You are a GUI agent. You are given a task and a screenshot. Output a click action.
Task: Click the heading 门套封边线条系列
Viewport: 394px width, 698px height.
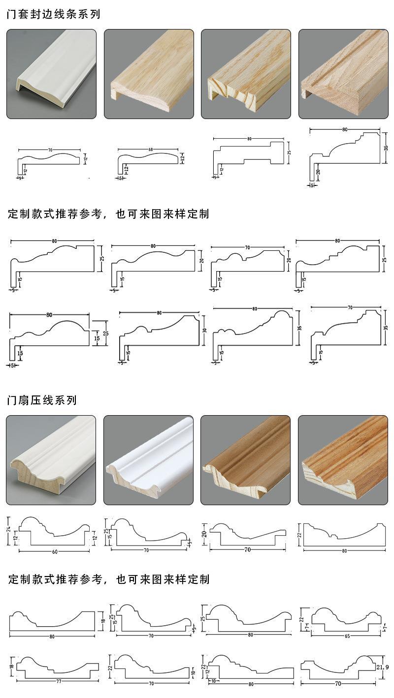pos(53,14)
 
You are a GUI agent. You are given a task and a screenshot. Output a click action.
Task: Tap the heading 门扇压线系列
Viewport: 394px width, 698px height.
pos(42,400)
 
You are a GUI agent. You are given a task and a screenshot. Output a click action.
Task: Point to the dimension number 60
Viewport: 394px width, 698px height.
pos(55,551)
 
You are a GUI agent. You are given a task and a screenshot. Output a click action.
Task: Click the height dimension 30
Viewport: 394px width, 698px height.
pos(203,331)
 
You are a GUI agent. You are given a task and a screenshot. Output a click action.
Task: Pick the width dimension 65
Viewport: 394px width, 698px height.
pos(347,636)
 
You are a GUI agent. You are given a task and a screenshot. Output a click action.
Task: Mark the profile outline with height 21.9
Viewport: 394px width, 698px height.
pos(340,667)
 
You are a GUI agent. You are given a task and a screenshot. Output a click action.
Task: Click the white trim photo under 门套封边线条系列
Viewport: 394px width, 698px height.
pos(51,74)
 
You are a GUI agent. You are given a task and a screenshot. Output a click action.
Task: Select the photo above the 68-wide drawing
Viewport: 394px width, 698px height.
pos(148,74)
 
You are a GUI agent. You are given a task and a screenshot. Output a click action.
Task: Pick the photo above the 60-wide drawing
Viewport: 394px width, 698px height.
pos(51,460)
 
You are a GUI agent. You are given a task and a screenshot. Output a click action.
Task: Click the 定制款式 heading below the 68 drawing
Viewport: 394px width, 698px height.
pos(108,214)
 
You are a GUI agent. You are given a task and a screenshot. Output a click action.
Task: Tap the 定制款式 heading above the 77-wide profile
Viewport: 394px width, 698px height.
pos(108,579)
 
